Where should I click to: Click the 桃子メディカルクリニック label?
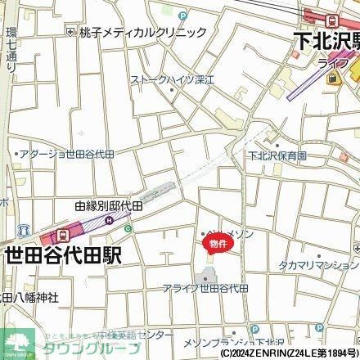pyautogui.click(x=143, y=33)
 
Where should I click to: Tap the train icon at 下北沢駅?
pyautogui.click(x=331, y=20)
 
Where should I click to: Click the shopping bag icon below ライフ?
pyautogui.click(x=333, y=79)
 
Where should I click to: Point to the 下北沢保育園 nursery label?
pyautogui.click(x=278, y=155)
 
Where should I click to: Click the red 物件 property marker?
pyautogui.click(x=214, y=244)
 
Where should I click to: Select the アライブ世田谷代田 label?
pyautogui.click(x=205, y=289)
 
